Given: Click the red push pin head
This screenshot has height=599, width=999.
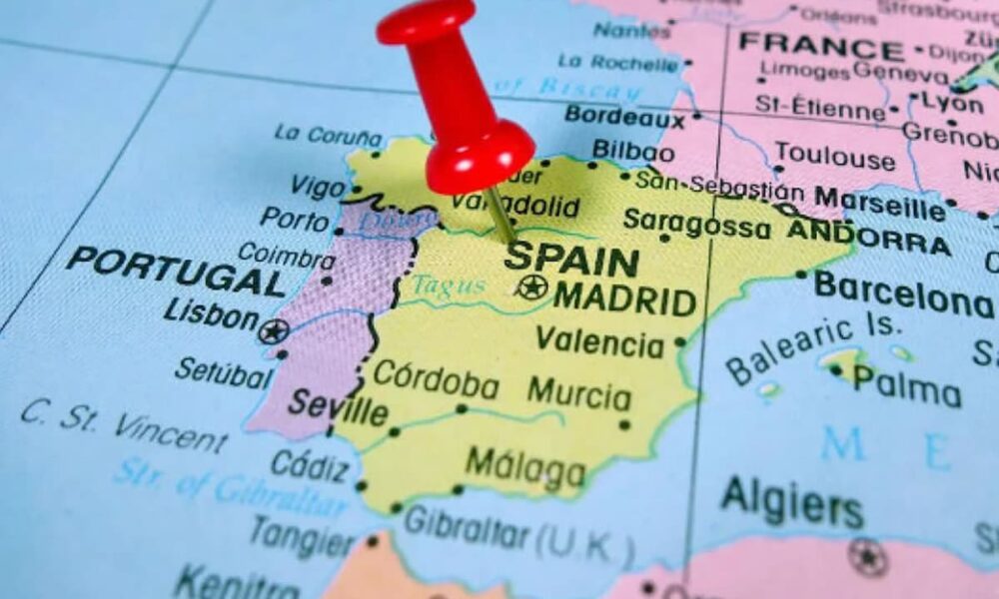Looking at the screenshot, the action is click(470, 110).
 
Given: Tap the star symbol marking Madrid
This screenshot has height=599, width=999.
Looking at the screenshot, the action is click(531, 288).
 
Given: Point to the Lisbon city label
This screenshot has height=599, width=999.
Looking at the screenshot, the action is click(211, 314).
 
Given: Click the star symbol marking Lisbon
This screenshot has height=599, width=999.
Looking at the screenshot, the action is click(273, 331).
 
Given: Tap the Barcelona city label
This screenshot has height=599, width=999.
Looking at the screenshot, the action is click(903, 297).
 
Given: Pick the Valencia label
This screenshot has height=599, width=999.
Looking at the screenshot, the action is click(599, 342).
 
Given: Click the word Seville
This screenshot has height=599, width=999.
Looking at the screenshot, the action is click(338, 408).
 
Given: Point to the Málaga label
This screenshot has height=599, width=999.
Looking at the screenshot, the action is click(525, 467).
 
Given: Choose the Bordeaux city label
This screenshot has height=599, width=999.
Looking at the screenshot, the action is click(625, 117).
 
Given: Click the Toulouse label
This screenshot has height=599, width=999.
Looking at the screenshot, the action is click(835, 157).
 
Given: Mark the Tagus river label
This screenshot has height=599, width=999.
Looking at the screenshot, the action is click(449, 286).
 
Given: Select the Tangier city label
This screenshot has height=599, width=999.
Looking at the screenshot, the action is click(301, 535).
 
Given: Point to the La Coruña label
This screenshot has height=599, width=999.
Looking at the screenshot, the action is click(328, 135).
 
